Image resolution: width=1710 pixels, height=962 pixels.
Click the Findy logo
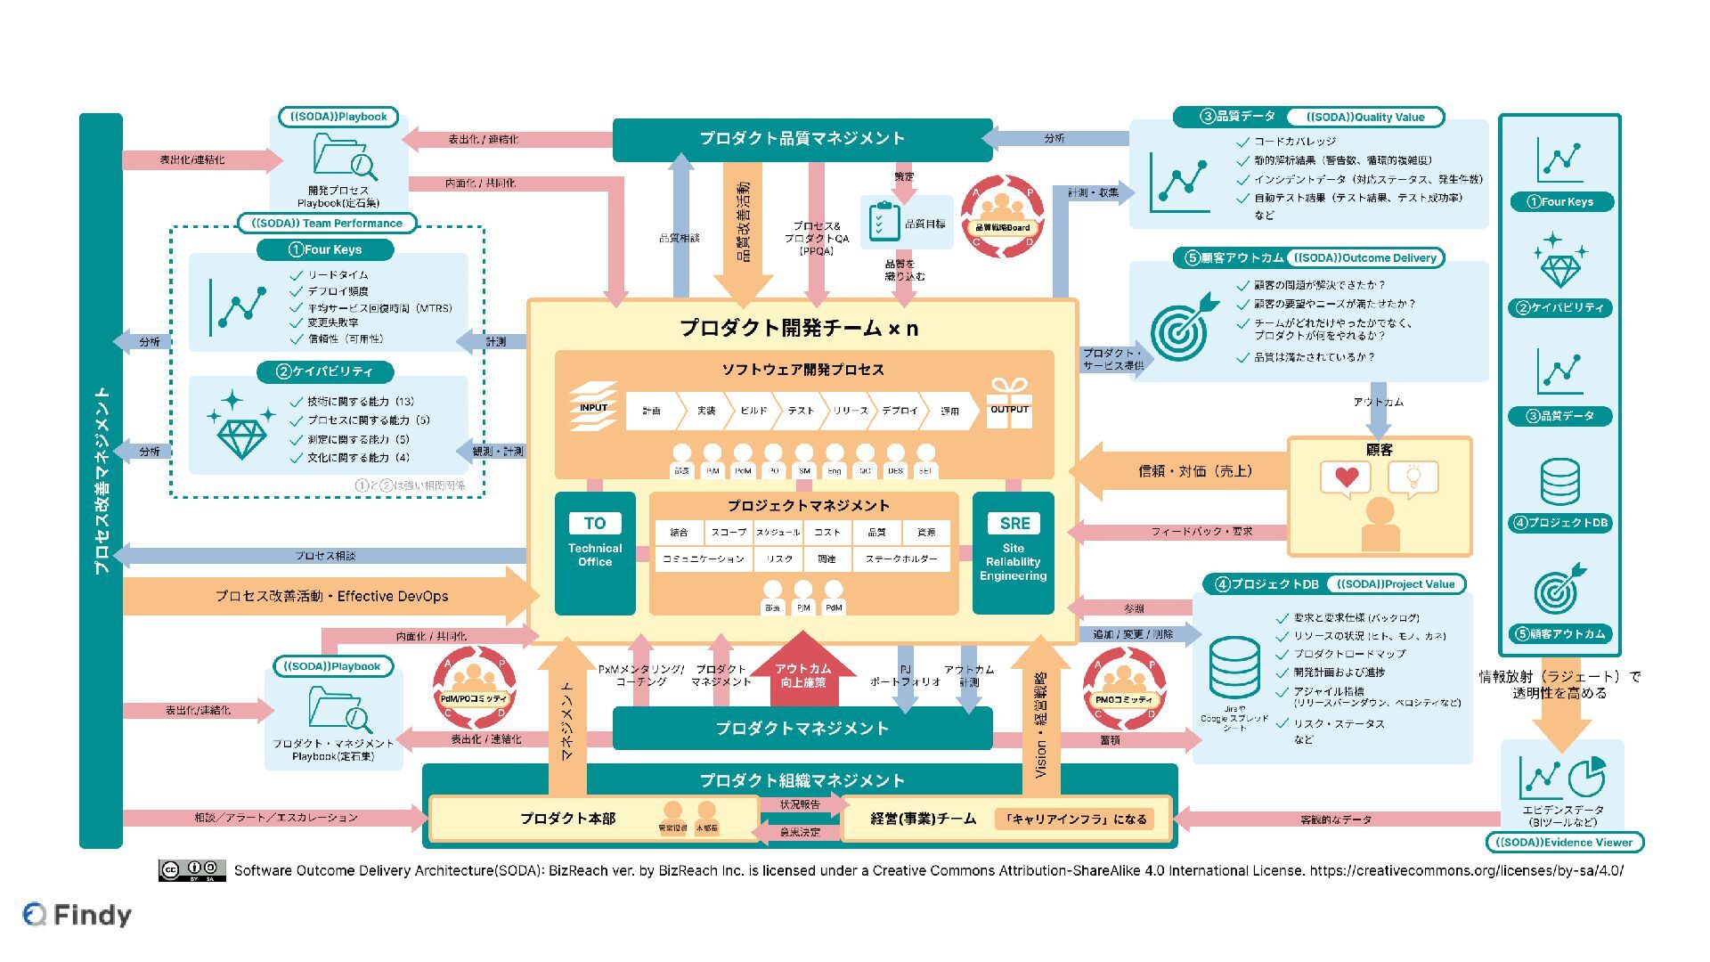point(77,915)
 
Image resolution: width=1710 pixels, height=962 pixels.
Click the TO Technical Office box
point(595,552)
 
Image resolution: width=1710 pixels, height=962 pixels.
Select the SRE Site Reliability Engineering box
point(1013,552)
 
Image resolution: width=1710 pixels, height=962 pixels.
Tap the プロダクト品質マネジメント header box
point(802,139)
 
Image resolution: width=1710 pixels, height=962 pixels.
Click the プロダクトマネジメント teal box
point(802,729)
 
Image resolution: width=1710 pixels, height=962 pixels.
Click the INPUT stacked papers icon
point(593,406)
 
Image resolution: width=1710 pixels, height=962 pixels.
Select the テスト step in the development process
point(801,411)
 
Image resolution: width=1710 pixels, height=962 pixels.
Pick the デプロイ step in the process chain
point(900,411)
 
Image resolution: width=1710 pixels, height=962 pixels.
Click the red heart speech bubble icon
point(1346,478)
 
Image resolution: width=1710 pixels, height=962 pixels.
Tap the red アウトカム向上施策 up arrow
point(802,671)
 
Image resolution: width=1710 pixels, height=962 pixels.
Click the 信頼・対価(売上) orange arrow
point(1185,470)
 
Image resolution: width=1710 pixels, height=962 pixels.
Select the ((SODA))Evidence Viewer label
point(1564,842)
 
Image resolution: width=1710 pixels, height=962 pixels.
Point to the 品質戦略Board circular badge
point(1002,217)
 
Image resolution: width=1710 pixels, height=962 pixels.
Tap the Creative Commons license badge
point(191,870)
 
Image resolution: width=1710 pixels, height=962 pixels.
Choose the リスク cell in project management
point(778,558)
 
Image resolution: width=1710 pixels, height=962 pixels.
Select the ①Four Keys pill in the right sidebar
point(1560,202)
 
